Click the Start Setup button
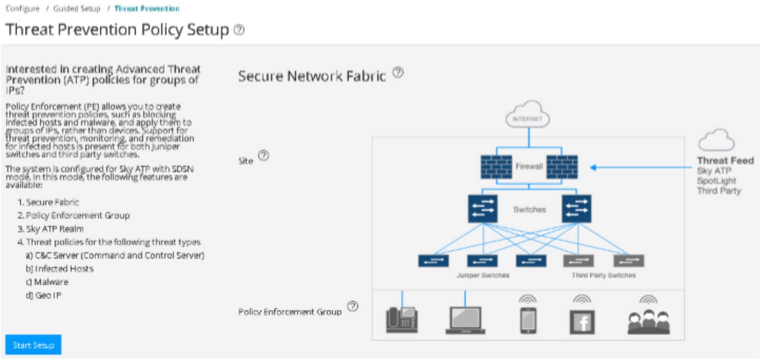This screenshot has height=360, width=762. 33,345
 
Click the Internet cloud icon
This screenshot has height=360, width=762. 528,116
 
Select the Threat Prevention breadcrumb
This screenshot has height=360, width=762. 147,9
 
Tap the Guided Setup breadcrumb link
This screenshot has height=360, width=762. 77,9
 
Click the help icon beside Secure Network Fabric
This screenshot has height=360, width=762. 398,73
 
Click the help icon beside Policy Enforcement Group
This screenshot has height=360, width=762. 352,306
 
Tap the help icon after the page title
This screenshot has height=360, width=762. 239,30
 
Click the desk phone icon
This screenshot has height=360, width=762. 402,320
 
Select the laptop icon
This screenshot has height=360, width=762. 465,321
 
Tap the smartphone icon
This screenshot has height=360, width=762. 528,321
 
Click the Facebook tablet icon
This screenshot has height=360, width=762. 582,322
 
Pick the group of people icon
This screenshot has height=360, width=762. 648,322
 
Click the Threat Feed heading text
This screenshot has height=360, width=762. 725,161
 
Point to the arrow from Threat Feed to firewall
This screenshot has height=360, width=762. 639,168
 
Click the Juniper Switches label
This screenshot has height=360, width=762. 483,275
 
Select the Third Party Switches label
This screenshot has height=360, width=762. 603,275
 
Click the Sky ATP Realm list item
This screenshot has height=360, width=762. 55,229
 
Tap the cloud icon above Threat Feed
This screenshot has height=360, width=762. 716,141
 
